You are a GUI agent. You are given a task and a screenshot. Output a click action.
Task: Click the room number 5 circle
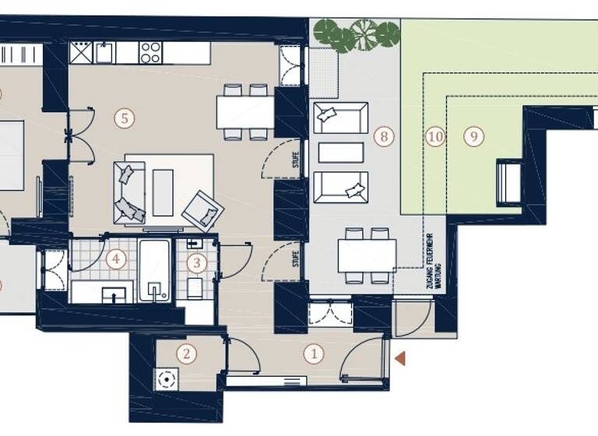coord(122,118)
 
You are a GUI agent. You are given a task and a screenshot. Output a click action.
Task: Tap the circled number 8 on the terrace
coord(382,137)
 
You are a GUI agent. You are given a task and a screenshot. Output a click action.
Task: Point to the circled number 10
coord(435,137)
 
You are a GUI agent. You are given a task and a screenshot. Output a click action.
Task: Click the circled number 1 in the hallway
coord(315,353)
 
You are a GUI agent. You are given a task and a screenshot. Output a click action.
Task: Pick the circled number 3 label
coord(197,263)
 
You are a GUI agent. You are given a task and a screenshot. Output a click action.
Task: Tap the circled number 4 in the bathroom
coord(115,258)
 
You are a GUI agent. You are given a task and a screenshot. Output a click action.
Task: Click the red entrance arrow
coord(401,359)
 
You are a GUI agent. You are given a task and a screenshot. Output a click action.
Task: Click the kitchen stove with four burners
coord(150,52)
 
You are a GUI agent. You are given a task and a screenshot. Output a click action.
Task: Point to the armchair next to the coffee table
coord(202,209)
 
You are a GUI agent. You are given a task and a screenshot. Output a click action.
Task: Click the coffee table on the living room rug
coord(163,192)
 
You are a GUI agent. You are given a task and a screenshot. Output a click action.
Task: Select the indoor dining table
coord(245,111)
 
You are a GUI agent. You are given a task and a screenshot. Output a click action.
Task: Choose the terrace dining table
coord(367,255)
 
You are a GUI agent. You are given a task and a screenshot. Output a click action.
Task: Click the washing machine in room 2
coord(165,379)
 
